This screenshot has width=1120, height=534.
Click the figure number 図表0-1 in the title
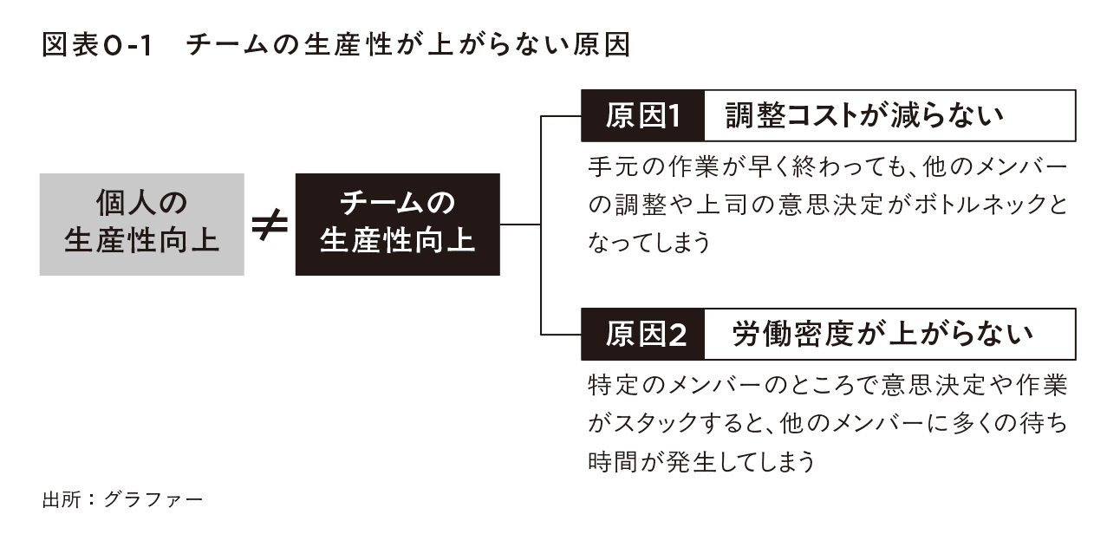(x=97, y=45)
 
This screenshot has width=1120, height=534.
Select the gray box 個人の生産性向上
(x=142, y=225)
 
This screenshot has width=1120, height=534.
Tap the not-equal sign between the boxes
(x=270, y=225)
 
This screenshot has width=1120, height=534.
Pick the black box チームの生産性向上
(x=398, y=225)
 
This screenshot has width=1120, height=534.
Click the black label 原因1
(x=642, y=115)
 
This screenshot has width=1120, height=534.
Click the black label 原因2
(x=642, y=334)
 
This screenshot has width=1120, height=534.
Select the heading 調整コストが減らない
(x=864, y=115)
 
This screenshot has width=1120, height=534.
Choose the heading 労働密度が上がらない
(x=882, y=334)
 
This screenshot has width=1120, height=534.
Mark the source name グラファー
(x=153, y=499)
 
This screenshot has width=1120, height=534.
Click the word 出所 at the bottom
(x=62, y=499)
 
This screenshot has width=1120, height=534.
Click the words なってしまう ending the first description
(x=649, y=243)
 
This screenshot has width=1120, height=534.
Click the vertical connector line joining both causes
(x=541, y=225)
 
